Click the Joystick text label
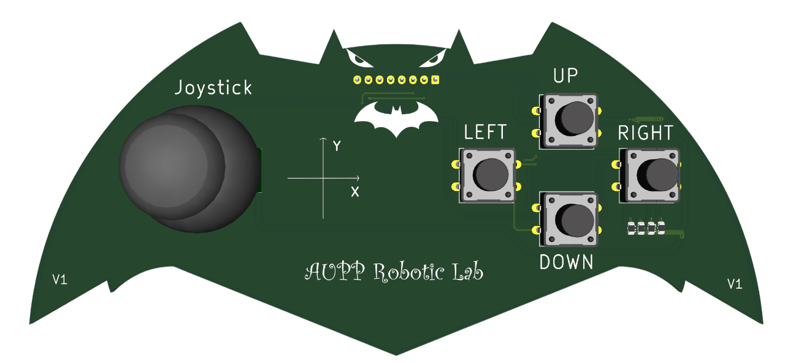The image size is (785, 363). [x=213, y=88]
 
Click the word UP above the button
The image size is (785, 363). [x=566, y=76]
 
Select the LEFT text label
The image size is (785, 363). [x=486, y=132]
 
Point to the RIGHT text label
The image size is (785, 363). [x=645, y=133]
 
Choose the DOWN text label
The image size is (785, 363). [x=567, y=262]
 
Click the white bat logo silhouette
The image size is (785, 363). [x=397, y=119]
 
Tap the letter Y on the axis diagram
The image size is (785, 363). [x=336, y=146]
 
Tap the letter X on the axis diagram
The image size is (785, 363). [x=355, y=192]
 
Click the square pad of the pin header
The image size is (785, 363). [x=435, y=79]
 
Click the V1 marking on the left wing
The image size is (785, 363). [x=60, y=280]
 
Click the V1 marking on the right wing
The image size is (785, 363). [x=734, y=283]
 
